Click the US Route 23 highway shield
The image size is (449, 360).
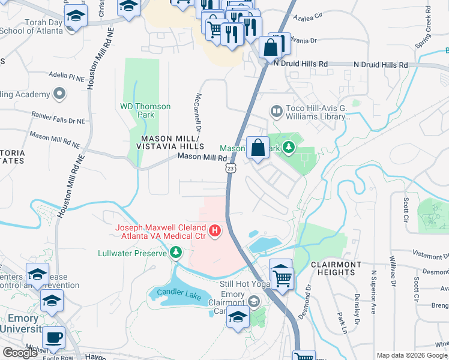(231, 170)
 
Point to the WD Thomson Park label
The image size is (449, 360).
(145, 110)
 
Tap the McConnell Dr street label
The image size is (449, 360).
(196, 112)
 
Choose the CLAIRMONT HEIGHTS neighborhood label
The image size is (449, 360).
(336, 268)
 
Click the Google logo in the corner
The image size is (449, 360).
(20, 353)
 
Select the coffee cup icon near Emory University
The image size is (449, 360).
(55, 337)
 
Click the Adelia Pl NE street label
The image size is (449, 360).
(67, 77)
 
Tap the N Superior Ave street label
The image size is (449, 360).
(373, 299)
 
